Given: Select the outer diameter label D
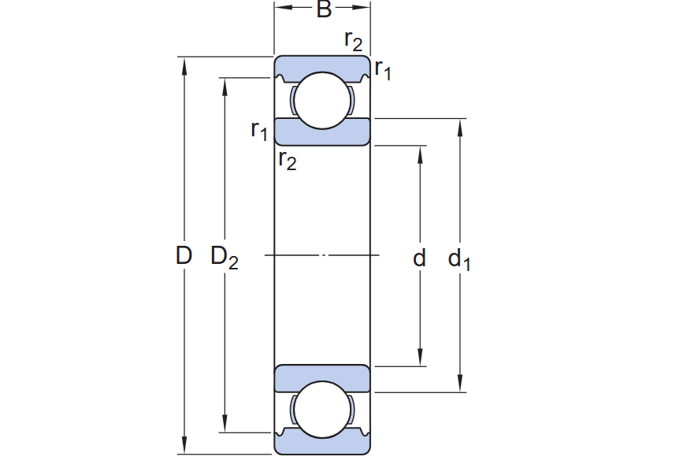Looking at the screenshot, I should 184,256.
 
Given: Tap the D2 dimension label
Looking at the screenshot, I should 224,257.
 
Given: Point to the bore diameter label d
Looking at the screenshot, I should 420,258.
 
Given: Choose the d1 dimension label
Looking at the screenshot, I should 459,258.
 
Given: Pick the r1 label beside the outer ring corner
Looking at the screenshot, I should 383,70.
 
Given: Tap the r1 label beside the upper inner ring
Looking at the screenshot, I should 258,129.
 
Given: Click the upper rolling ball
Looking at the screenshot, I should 322,100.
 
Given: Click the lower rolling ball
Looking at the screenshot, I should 322,410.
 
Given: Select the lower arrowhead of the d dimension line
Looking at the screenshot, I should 421,359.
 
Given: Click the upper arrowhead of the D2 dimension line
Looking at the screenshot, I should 225,85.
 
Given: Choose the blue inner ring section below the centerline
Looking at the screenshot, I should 322,378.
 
